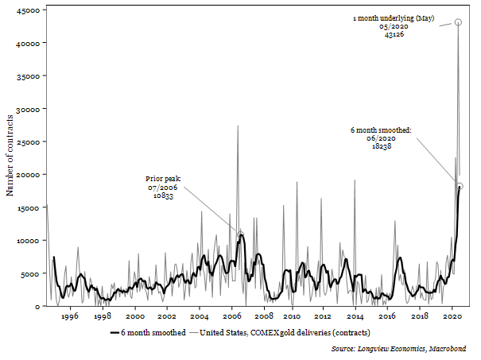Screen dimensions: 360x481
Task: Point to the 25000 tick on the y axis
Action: click(30, 141)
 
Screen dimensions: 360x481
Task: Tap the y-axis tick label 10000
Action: click(30, 240)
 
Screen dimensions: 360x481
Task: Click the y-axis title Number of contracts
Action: click(10, 155)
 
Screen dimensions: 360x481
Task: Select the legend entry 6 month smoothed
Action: click(149, 332)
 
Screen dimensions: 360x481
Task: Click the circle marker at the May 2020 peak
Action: click(458, 22)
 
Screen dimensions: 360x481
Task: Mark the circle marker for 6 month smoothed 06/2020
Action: click(460, 186)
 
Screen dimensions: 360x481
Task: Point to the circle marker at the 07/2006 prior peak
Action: click(241, 234)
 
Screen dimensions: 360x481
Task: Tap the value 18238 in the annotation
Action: click(381, 146)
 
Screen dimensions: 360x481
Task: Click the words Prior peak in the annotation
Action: click(164, 179)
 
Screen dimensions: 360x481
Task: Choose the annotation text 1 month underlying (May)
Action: click(394, 17)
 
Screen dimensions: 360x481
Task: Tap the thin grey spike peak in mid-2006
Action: click(238, 126)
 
